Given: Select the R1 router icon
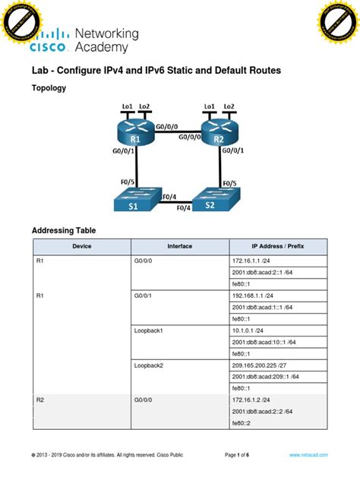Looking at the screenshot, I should (135, 134).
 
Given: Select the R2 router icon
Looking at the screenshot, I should (219, 134).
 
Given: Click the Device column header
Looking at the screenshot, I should (82, 247).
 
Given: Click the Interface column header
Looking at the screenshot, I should (180, 247).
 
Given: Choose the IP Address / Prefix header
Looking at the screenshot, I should (278, 247).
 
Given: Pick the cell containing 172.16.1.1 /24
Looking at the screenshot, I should (249, 261).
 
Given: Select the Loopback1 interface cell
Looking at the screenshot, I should (149, 330).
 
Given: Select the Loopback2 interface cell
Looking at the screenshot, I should (149, 365).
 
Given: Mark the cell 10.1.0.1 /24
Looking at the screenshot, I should (248, 330).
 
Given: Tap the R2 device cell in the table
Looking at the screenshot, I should (41, 399).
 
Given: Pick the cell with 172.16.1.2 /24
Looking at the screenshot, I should (249, 399).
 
